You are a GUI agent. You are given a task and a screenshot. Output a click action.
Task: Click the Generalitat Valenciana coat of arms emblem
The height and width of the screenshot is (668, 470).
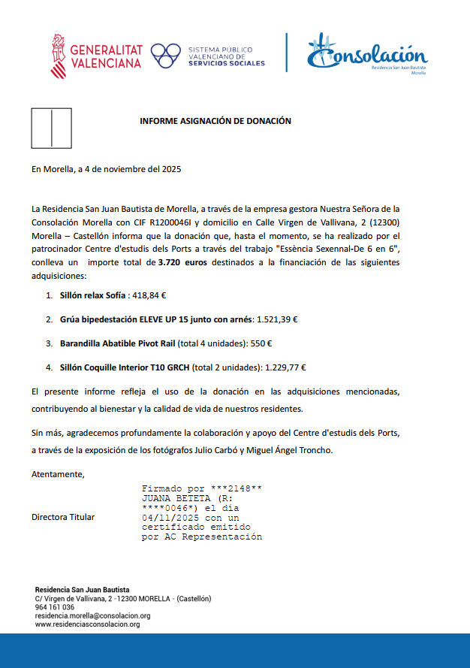(58, 56)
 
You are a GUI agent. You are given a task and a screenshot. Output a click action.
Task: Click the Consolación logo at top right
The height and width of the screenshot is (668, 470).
(367, 55)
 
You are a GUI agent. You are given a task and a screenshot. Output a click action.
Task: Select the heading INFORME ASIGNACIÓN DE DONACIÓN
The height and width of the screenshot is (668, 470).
(215, 120)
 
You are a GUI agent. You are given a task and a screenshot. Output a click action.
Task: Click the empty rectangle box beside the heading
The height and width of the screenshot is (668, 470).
(51, 128)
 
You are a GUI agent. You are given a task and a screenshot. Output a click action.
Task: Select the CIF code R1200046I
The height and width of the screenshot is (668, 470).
(170, 222)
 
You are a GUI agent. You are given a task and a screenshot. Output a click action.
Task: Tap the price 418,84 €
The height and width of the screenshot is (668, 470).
(149, 296)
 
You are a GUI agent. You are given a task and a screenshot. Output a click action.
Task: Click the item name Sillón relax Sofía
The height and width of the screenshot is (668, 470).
(92, 296)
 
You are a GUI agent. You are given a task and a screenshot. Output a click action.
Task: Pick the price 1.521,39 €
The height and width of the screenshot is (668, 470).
(277, 319)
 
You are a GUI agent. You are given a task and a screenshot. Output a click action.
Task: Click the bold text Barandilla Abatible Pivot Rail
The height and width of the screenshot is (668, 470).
(118, 343)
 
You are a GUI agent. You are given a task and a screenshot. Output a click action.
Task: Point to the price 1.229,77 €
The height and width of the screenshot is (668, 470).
(285, 368)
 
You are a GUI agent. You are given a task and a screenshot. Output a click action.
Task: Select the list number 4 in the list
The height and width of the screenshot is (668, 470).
(49, 368)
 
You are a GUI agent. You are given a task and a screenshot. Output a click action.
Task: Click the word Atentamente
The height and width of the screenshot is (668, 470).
(58, 475)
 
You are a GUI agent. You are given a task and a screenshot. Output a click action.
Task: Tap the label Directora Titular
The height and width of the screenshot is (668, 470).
(63, 518)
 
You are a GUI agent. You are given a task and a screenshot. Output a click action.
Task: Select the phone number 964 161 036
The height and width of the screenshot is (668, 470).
(55, 607)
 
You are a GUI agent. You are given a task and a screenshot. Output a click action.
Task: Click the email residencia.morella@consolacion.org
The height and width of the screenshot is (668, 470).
(93, 615)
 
